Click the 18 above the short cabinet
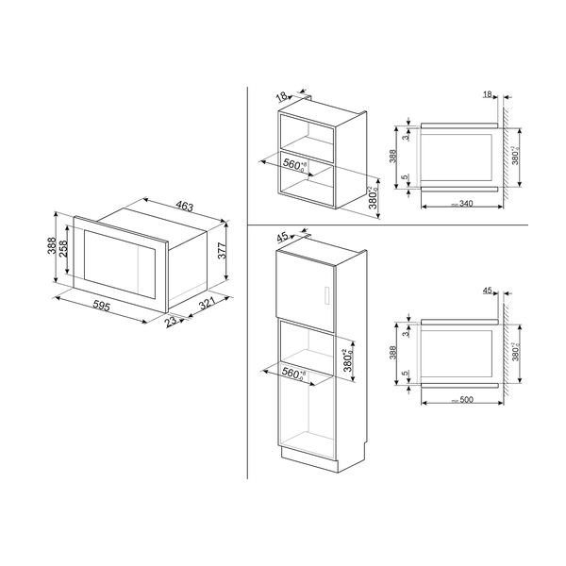[282, 95]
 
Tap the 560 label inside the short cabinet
[294, 165]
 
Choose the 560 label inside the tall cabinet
[294, 374]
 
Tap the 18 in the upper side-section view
[487, 95]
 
